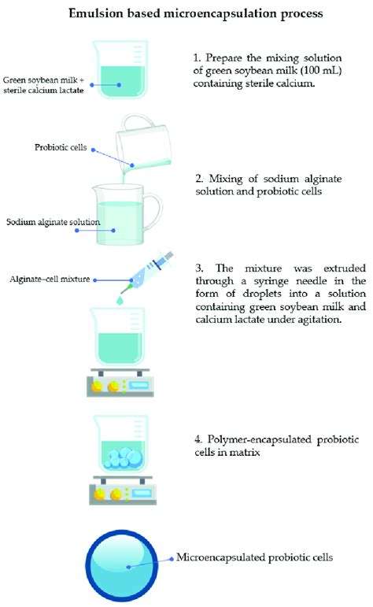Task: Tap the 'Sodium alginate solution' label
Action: pos(53,223)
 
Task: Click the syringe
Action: pos(142,268)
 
